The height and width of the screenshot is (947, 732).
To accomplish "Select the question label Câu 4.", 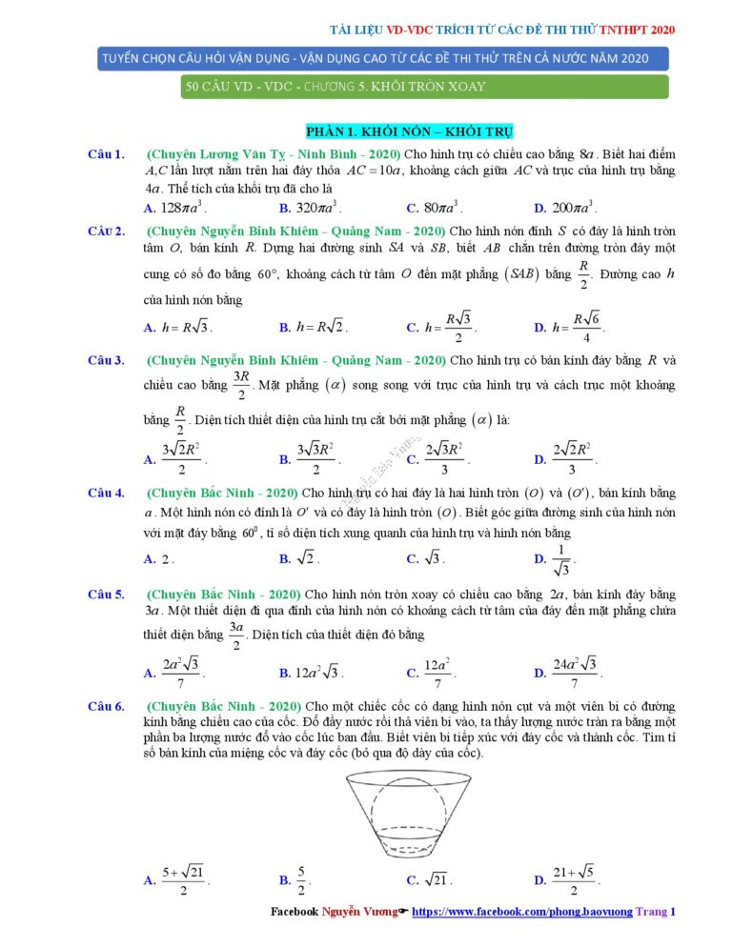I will (x=106, y=493).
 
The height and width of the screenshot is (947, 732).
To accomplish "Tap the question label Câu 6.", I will (x=106, y=706).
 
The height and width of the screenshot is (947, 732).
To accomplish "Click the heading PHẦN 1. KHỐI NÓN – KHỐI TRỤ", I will (x=410, y=131).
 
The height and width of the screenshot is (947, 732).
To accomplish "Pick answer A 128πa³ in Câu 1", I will (x=176, y=207).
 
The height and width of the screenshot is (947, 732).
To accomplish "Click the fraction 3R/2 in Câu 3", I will (x=240, y=385).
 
